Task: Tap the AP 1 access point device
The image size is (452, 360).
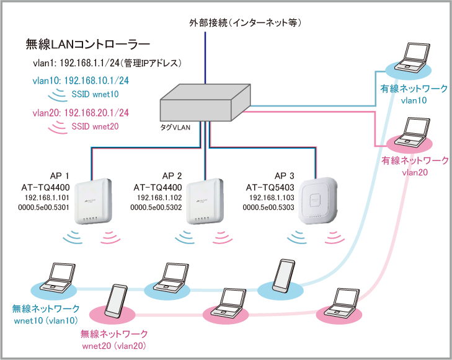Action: tap(92, 203)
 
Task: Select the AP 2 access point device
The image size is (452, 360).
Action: tap(203, 203)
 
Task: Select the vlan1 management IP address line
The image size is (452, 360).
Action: tap(107, 63)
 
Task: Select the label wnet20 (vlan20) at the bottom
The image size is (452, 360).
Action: tap(117, 345)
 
